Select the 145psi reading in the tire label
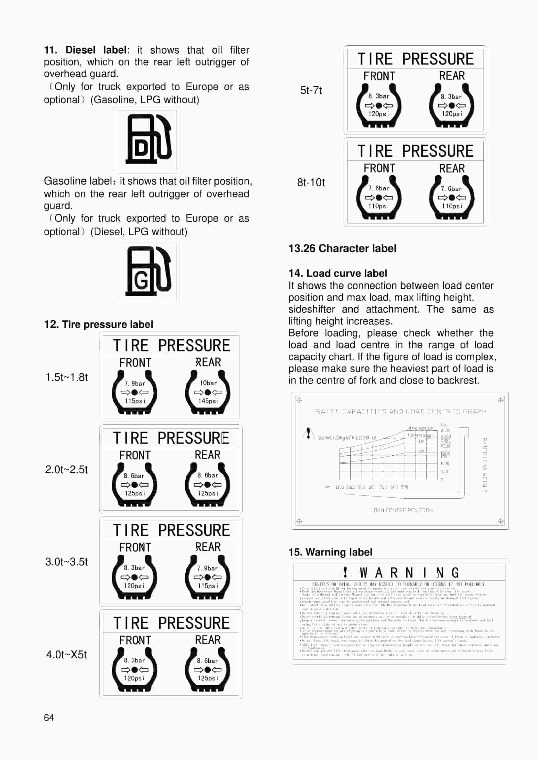coord(208,401)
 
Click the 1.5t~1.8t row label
coord(66,377)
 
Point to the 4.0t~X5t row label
coord(66,654)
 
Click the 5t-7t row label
coord(310,90)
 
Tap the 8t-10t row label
coord(310,182)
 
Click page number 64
coord(49,717)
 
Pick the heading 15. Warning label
coord(330,552)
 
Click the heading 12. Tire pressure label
coord(98,324)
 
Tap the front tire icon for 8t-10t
coord(378,197)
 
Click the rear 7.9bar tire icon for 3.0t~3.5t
coord(207,577)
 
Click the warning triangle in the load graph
coord(308,433)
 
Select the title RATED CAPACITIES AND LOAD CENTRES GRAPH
coord(401,412)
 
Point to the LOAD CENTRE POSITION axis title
coord(401,510)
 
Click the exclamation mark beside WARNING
coord(345,572)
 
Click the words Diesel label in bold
coord(96,50)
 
